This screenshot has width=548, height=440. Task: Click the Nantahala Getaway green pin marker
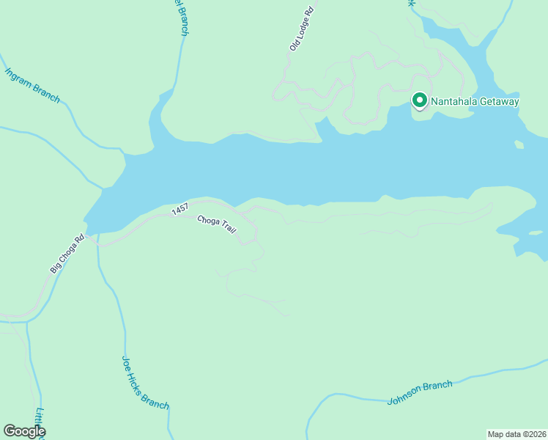(420, 100)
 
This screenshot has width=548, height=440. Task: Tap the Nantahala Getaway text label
(475, 101)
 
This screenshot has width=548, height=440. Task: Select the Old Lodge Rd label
(301, 29)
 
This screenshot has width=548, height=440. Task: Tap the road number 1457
(180, 210)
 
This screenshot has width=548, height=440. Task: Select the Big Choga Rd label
(67, 254)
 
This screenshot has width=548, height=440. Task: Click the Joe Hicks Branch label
(145, 382)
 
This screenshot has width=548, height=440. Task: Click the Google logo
(24, 431)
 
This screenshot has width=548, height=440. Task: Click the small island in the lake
(519, 144)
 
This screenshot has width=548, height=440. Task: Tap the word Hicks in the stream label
(143, 381)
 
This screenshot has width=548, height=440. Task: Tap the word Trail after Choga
(231, 235)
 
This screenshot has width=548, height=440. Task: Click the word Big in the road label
(54, 268)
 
